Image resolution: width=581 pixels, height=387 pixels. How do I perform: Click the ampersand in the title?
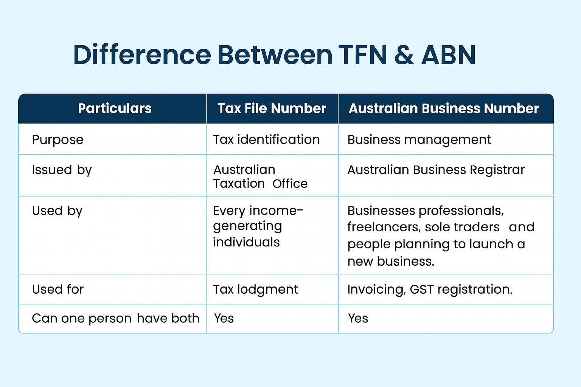coord(404,55)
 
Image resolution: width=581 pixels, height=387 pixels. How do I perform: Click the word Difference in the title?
coord(142,55)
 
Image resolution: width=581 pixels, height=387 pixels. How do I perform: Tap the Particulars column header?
coord(115,109)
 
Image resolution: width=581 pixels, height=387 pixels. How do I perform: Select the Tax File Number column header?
coord(272,109)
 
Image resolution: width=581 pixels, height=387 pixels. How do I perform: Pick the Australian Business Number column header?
coord(443,109)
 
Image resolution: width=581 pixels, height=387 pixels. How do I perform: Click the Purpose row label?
coord(57,140)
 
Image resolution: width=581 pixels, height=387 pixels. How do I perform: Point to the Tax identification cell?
coord(266,140)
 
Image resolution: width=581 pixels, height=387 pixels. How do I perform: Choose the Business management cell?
coord(419,140)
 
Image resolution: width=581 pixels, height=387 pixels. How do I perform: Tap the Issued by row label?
coord(62,170)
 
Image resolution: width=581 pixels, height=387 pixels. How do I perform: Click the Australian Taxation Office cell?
coord(260,176)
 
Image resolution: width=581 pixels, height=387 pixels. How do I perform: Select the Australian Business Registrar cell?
coord(436,170)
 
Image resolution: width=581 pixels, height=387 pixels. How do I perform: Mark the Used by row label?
coord(57,211)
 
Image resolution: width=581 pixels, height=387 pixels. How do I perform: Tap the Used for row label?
coord(57,289)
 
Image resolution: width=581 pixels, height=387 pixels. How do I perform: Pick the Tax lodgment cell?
coord(255,289)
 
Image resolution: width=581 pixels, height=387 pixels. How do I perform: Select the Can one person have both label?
coord(115,319)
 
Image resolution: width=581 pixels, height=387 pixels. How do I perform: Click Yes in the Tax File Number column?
coord(224,319)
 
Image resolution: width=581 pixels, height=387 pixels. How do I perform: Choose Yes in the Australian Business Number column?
coord(358,319)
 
